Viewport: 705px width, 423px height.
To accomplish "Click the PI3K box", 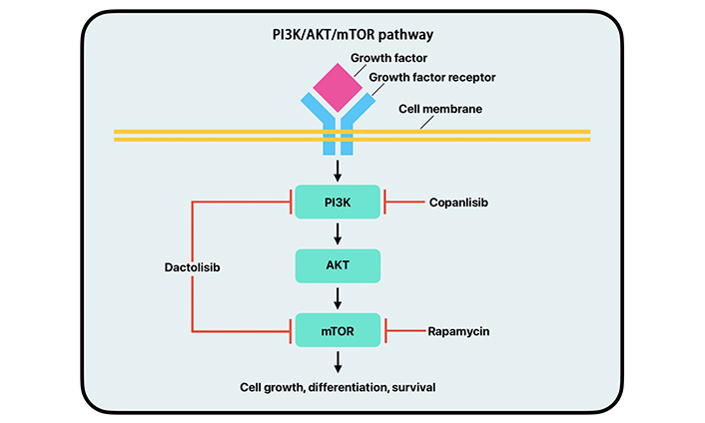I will click(x=337, y=203).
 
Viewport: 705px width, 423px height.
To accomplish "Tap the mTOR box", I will click(x=337, y=328).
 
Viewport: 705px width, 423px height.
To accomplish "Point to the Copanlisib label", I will click(x=460, y=204).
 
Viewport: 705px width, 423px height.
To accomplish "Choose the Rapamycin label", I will click(x=459, y=329).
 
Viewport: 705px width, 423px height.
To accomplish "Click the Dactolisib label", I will click(x=193, y=267).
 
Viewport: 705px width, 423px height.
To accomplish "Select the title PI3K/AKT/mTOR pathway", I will click(x=352, y=35).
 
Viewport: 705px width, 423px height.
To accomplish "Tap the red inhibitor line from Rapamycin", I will click(x=403, y=329).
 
